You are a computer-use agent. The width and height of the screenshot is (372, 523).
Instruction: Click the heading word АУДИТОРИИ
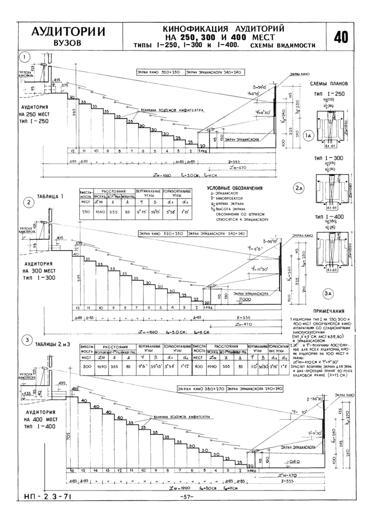(67, 31)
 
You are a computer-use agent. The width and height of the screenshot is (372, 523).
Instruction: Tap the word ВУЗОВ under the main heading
(67, 43)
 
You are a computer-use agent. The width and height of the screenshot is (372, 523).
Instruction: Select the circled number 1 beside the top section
(24, 57)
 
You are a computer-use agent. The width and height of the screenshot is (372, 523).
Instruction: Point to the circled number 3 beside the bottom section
(24, 341)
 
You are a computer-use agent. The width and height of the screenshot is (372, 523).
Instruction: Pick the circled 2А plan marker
(299, 187)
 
